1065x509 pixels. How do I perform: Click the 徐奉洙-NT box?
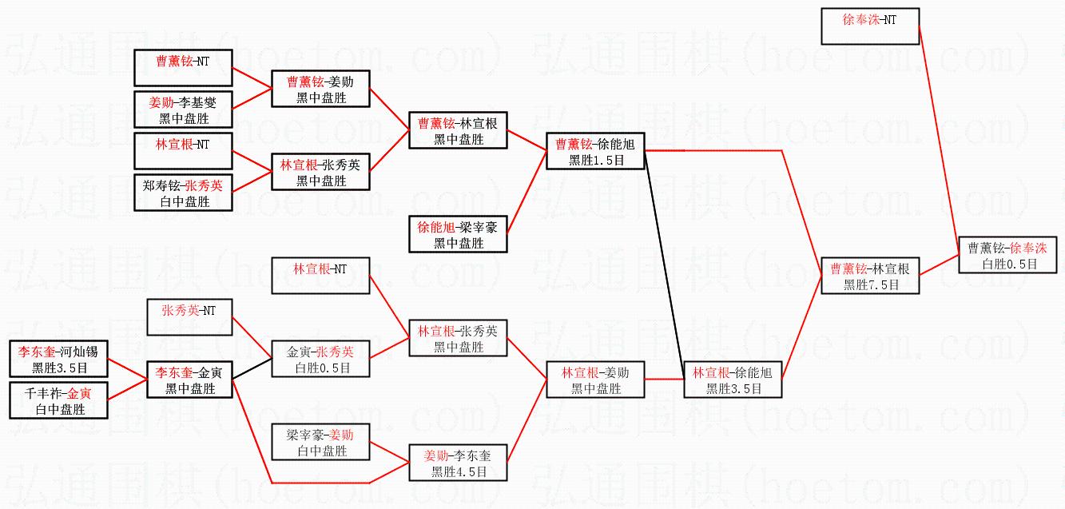870,26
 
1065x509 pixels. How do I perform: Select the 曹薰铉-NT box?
183,68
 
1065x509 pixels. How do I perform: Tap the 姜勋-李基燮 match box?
183,109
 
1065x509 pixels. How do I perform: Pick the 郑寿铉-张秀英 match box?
183,193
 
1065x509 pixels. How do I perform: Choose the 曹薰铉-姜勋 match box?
320,89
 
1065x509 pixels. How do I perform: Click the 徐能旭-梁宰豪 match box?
458,234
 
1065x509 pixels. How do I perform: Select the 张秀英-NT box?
189,316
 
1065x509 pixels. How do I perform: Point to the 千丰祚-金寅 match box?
58,400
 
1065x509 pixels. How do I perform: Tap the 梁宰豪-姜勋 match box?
320,442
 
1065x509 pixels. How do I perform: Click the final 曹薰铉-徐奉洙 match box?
1007,254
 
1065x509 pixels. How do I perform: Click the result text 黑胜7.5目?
871,284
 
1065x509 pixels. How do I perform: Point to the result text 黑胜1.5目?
596,160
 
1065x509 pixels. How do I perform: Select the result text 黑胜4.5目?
459,471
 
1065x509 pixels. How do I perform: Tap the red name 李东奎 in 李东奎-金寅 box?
173,372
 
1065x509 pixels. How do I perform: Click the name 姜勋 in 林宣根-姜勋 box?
617,372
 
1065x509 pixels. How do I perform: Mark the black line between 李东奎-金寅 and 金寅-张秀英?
252,368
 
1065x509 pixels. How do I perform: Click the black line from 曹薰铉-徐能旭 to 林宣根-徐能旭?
664,265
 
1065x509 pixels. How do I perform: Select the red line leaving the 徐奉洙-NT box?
939,141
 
